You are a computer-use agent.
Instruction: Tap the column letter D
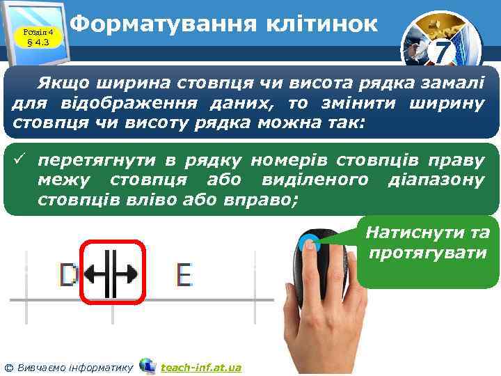[x=68, y=276]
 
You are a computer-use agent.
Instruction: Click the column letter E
[x=184, y=276]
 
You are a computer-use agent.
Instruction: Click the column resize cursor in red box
[x=112, y=273]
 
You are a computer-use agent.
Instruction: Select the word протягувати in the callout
[x=428, y=252]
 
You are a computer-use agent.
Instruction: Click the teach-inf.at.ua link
[x=200, y=366]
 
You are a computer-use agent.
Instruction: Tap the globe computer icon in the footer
[x=148, y=366]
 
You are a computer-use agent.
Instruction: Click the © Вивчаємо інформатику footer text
[x=68, y=366]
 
